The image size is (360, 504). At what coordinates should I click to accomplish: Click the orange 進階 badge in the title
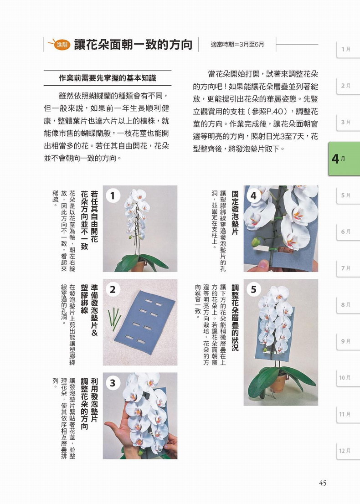[62, 45]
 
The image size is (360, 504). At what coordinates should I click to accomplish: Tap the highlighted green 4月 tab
[344, 159]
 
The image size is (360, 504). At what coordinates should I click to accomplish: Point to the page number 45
[323, 483]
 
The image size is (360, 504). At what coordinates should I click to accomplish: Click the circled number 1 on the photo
[113, 195]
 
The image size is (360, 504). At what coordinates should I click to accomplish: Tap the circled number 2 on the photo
[113, 289]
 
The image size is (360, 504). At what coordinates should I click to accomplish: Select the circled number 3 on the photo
[113, 383]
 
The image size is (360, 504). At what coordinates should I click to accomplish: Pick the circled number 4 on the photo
[253, 195]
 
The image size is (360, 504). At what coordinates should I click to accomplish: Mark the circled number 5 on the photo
[253, 289]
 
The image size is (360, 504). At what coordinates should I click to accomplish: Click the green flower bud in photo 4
[256, 242]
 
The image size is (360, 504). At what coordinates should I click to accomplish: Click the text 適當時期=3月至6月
[237, 45]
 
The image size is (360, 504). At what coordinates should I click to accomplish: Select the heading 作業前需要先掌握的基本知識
[108, 78]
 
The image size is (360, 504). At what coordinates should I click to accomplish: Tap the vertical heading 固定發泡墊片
[235, 212]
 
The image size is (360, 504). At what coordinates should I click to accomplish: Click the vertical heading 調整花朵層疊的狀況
[235, 318]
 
